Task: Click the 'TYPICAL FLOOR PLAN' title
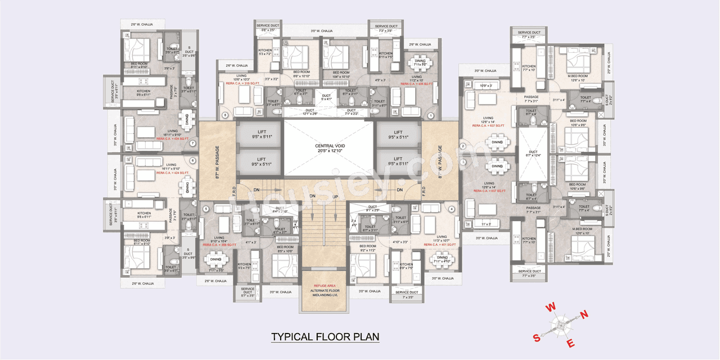[x=325, y=337]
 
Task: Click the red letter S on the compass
[x=537, y=337]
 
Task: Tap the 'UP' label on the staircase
[x=335, y=196]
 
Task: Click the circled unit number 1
[x=430, y=116]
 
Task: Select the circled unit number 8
[x=225, y=116]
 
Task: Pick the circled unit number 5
[x=206, y=209]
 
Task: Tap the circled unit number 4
[x=452, y=209]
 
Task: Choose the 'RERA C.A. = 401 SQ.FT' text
[x=440, y=245]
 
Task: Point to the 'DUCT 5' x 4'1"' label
[x=327, y=97]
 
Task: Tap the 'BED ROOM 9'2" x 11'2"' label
[x=367, y=248]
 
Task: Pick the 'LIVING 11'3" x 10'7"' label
[x=442, y=239]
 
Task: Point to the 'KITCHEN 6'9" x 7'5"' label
[x=406, y=266]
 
